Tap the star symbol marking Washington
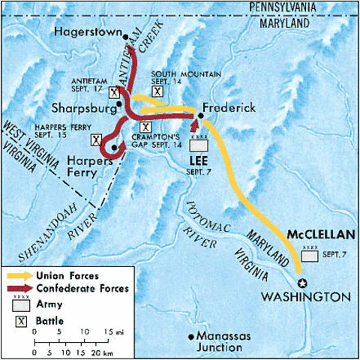coord(304,283)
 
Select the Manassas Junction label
coord(226,341)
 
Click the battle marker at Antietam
coord(113,93)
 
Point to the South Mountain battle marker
coord(158,91)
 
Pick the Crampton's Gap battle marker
coord(145,127)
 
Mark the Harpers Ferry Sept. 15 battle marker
coord(96,139)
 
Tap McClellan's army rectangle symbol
coord(309,256)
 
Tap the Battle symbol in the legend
coord(19,321)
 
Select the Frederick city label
coord(232,107)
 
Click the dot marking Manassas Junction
coord(192,336)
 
